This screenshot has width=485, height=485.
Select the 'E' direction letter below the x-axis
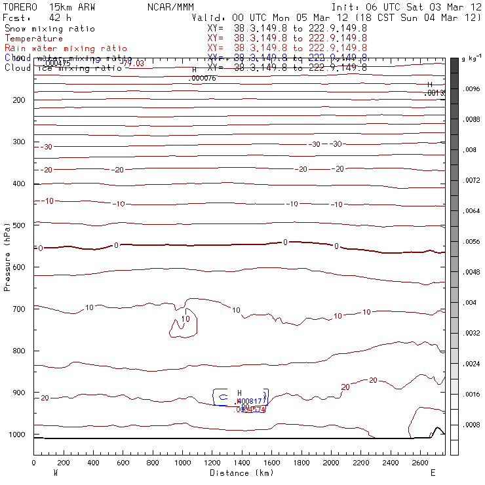[x=432, y=473]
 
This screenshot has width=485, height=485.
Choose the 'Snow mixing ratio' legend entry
[x=49, y=29]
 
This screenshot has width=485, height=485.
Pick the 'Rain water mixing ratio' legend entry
[x=66, y=48]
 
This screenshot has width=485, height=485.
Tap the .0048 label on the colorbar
[x=473, y=272]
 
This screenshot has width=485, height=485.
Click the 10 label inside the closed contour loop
[x=185, y=319]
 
